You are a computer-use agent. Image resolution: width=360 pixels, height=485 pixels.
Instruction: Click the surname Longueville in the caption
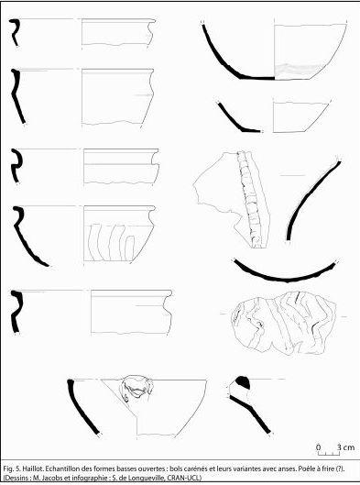[x=144, y=478]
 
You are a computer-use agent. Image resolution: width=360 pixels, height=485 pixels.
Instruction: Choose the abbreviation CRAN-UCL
[x=181, y=478]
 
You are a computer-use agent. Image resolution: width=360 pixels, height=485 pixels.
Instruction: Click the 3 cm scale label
[x=345, y=447]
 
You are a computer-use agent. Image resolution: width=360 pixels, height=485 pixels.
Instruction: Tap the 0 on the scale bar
[x=319, y=447]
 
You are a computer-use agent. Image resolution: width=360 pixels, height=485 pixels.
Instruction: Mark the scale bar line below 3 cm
[x=329, y=454]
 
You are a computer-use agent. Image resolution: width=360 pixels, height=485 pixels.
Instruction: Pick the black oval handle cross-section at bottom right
[x=243, y=383]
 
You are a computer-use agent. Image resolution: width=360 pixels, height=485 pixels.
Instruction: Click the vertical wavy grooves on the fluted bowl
[x=112, y=242]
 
